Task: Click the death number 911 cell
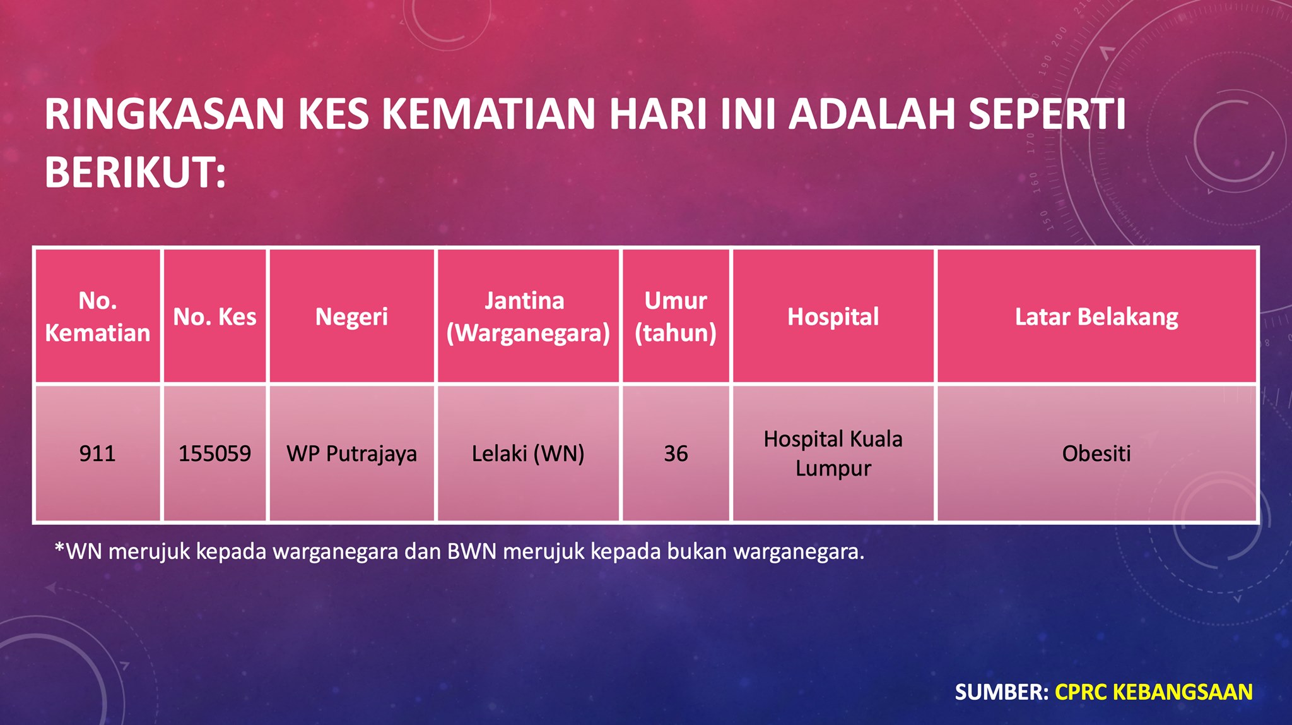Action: point(97,453)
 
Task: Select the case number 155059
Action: point(214,453)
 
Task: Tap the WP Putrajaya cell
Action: point(351,453)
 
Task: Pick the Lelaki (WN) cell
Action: point(528,453)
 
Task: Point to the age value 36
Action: point(676,453)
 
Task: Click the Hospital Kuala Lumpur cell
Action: point(833,453)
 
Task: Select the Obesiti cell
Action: point(1096,453)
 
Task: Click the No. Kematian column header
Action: point(97,316)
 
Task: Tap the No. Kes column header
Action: point(214,316)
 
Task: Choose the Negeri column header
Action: point(351,316)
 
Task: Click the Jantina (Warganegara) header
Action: point(528,316)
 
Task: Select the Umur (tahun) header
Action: point(676,316)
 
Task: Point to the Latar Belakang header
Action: point(1096,316)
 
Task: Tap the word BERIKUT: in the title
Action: point(135,172)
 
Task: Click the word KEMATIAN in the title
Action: point(489,114)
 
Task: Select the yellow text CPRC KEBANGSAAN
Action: point(1154,692)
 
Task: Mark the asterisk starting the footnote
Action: point(60,547)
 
